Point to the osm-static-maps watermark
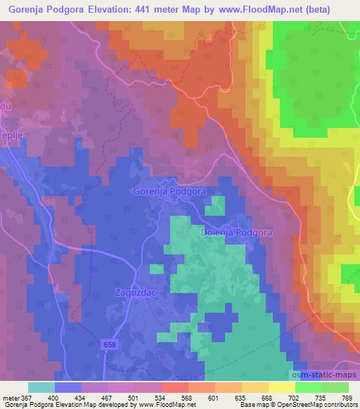pyautogui.click(x=325, y=375)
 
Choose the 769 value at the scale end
pyautogui.click(x=347, y=398)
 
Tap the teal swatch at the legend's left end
pyautogui.click(x=41, y=387)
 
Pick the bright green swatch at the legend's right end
pyautogui.click(x=335, y=387)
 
